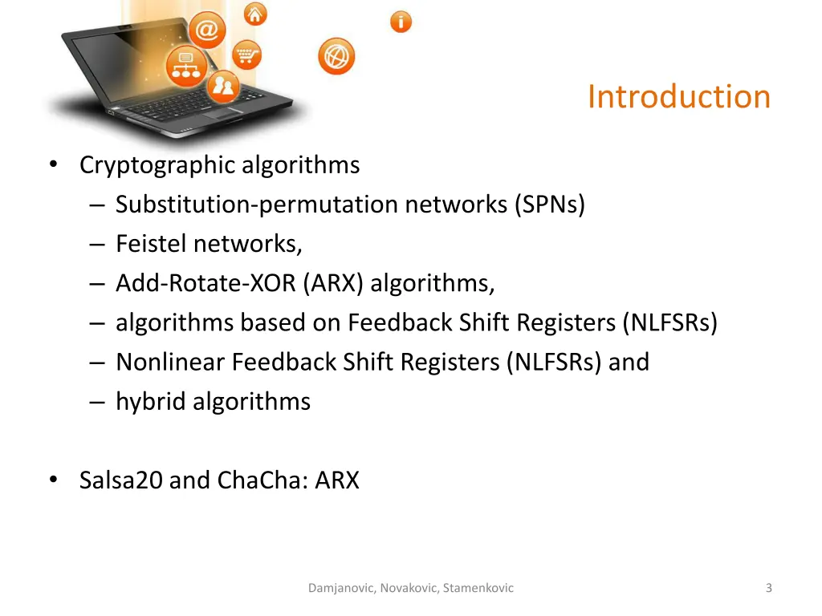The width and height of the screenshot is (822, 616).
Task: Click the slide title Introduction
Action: (678, 97)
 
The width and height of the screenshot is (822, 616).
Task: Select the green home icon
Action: (255, 14)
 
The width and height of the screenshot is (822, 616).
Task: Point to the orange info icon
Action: (401, 22)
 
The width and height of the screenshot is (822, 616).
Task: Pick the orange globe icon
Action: (336, 57)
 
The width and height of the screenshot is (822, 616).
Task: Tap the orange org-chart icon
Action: (187, 66)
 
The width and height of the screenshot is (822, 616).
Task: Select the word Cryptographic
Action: (158, 165)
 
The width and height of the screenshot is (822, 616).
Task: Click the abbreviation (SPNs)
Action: (550, 205)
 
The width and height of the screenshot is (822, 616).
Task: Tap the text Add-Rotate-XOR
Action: (206, 283)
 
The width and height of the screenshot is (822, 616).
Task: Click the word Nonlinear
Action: (170, 362)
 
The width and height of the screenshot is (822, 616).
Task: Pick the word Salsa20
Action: (121, 480)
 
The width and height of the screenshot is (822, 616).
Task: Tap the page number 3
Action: (768, 588)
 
